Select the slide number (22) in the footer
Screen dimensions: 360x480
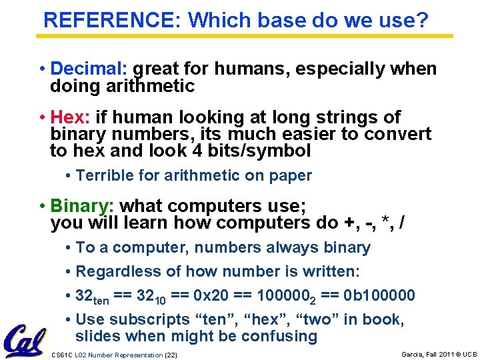coord(171,355)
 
